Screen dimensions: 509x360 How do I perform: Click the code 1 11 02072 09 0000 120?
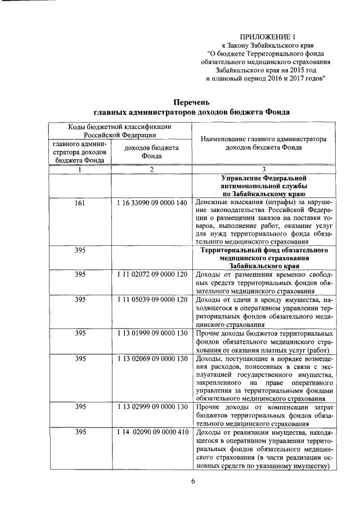coord(152,274)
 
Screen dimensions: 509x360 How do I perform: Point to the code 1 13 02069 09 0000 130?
coord(152,358)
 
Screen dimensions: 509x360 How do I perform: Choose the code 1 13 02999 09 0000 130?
coord(152,407)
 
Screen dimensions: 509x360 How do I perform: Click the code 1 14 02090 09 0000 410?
coord(152,432)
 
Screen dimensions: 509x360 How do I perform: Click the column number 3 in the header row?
coord(264,169)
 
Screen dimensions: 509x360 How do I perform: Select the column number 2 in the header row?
coord(152,169)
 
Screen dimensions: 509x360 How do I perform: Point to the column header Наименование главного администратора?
coord(264,138)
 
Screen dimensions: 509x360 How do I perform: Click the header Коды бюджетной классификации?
coord(120,127)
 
